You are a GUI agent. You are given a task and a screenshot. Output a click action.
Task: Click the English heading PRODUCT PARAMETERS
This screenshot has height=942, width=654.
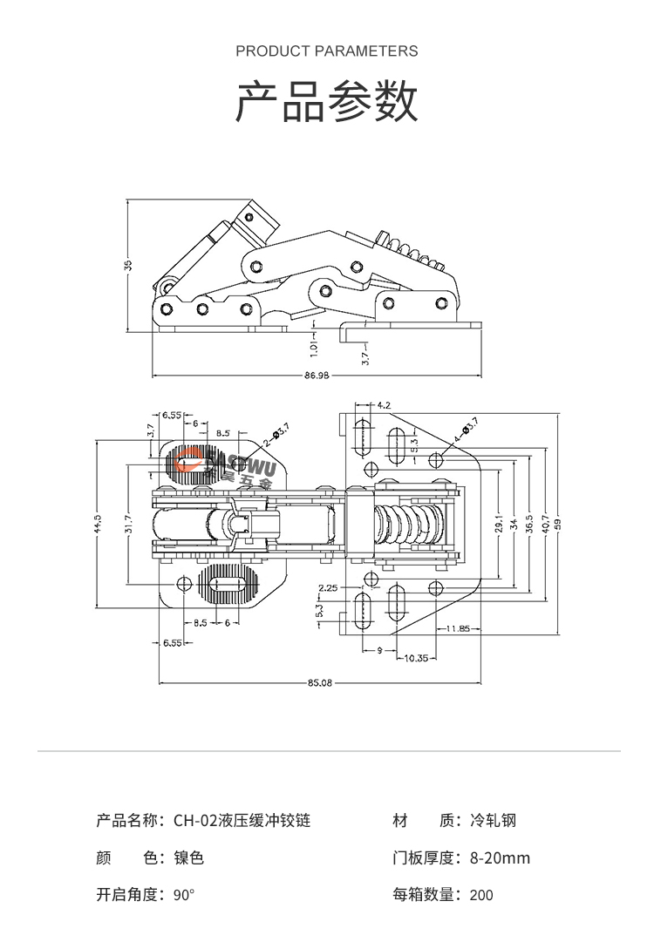coord(327,51)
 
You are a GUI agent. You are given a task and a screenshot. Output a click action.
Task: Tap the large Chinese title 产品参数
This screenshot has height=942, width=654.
coord(327,102)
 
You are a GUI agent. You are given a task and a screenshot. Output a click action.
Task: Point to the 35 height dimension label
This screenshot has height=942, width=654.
coord(127,266)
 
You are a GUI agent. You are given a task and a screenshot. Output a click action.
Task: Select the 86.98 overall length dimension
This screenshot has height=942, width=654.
coord(317,376)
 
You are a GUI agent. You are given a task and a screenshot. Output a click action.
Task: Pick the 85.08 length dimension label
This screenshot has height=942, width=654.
coord(320,682)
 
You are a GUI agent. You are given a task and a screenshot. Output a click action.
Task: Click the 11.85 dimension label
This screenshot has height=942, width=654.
coord(458,628)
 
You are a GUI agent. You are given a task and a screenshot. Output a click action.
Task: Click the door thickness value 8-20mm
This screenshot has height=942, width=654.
coord(500,858)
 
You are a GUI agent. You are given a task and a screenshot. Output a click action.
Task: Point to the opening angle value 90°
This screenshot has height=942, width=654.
coord(184,895)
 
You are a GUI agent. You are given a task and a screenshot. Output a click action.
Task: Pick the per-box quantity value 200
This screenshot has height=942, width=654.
coord(481,895)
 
